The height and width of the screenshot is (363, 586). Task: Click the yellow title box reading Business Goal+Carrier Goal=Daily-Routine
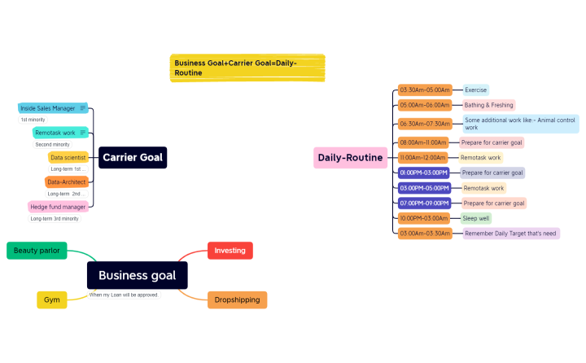[248, 68]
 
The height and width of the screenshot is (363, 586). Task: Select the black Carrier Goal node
[133, 158]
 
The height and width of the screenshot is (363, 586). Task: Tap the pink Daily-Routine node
[351, 158]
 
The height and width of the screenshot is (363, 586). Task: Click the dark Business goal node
[138, 275]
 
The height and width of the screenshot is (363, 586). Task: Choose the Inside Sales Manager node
[48, 108]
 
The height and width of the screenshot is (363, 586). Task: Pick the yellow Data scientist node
[68, 157]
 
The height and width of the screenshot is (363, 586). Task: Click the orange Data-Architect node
[67, 182]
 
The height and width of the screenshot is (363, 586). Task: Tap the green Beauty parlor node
[37, 251]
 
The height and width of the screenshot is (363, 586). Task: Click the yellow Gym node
[52, 300]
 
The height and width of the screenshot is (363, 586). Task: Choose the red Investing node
[230, 251]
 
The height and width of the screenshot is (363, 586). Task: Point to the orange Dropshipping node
[237, 300]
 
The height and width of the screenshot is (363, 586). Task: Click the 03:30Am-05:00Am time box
[425, 90]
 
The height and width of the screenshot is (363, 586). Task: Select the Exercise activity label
[475, 90]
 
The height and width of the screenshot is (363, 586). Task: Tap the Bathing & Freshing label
[488, 105]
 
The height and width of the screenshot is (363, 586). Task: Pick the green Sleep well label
[476, 218]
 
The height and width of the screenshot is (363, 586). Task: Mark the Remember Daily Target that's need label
[510, 234]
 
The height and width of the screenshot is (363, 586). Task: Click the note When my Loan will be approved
[124, 295]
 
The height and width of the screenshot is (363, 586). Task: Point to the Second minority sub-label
[52, 144]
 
